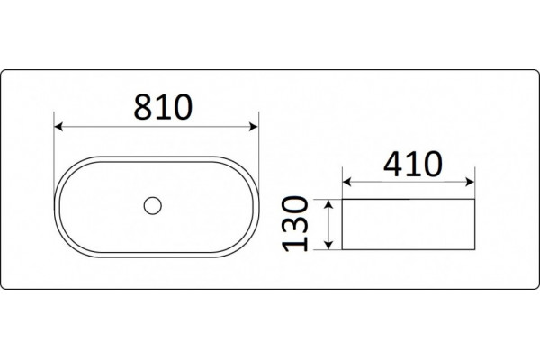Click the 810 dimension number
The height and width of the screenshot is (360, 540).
point(163,107)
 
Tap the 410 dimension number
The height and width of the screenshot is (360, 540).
point(412,164)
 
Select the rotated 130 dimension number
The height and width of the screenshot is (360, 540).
point(294,224)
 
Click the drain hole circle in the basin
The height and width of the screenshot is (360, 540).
point(153,206)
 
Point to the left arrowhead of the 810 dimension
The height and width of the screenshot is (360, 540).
point(58,127)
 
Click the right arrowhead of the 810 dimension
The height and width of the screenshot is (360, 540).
point(254,127)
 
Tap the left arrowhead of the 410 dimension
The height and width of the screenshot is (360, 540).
point(347,182)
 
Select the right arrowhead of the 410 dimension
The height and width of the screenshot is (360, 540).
point(470,182)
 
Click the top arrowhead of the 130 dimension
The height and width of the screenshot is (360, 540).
point(328,204)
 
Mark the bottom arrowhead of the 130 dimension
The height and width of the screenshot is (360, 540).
point(328,245)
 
